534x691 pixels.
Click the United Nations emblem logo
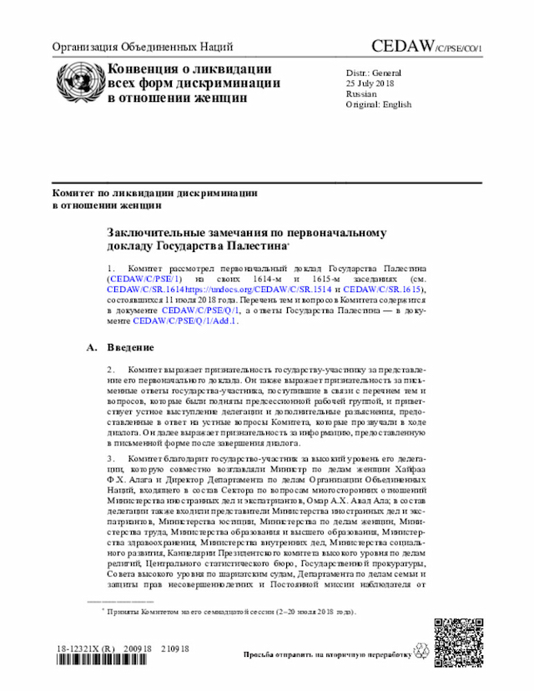[x=78, y=82]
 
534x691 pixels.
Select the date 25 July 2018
[x=370, y=83]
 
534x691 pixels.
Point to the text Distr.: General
[x=373, y=73]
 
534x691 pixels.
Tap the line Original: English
[x=378, y=105]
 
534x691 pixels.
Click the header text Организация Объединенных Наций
[x=143, y=48]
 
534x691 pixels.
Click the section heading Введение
[x=130, y=347]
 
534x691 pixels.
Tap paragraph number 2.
[x=111, y=369]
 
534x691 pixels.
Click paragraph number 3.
[x=111, y=459]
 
